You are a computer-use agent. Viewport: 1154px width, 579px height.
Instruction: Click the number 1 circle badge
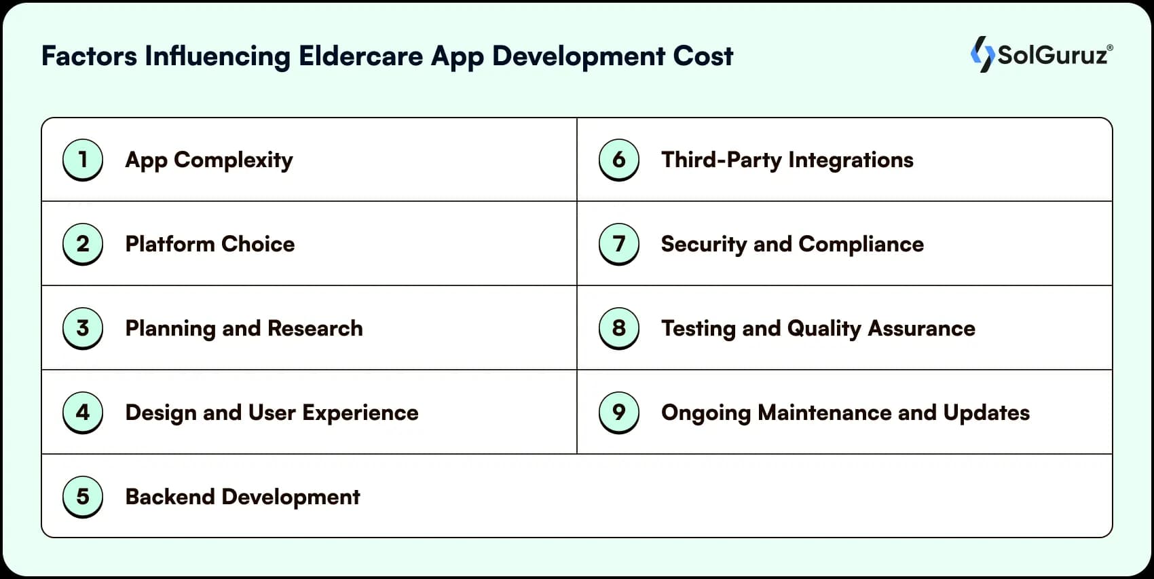(83, 160)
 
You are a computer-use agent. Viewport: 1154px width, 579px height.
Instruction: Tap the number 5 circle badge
(83, 497)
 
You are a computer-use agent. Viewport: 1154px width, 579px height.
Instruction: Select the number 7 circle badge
(618, 244)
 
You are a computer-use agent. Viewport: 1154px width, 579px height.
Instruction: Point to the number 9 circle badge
(618, 413)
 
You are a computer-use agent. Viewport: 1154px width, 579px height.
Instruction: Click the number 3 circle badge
(83, 328)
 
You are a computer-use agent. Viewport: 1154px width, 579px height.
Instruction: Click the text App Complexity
(209, 160)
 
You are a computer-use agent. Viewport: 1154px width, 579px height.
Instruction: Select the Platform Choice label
(210, 244)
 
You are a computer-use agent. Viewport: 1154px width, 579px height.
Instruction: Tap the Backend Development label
(242, 497)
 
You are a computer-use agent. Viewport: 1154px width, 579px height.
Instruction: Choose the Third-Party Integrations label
(787, 160)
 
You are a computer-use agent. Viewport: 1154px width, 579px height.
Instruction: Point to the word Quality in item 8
(824, 329)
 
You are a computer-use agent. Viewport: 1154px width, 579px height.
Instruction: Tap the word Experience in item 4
(360, 413)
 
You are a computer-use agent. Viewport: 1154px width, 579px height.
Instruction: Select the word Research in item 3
(315, 328)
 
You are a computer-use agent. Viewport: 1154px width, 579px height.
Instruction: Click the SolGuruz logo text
(1052, 54)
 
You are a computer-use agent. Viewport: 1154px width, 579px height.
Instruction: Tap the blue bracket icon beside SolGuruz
(982, 54)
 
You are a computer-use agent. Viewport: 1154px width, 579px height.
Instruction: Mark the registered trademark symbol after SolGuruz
(1110, 48)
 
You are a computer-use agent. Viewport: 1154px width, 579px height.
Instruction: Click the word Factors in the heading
(89, 56)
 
